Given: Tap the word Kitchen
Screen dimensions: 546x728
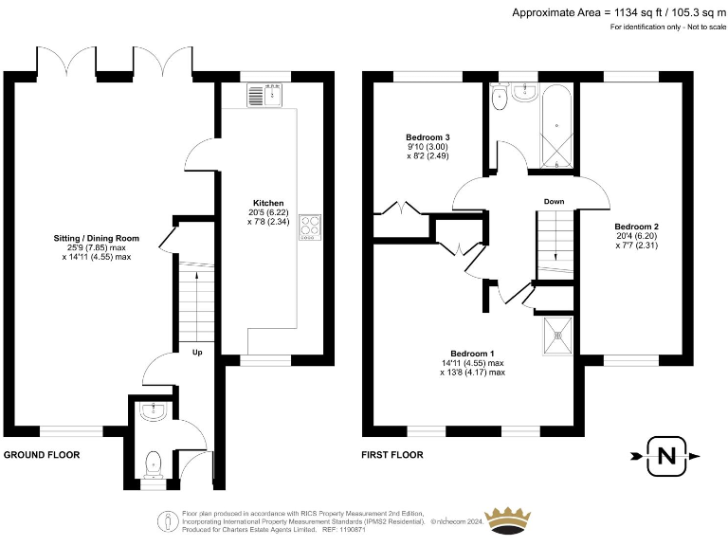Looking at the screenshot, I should (268, 203).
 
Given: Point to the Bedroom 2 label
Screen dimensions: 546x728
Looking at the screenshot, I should (636, 227).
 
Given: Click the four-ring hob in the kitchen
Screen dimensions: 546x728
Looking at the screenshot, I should (309, 226).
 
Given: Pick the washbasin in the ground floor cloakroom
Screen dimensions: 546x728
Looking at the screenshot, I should (152, 409).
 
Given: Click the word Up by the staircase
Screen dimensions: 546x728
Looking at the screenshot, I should (197, 353).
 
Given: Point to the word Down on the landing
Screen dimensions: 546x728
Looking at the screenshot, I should (555, 201).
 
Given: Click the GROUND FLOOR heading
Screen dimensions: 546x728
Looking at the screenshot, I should (42, 455).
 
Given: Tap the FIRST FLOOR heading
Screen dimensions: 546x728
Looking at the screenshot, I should (391, 455).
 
